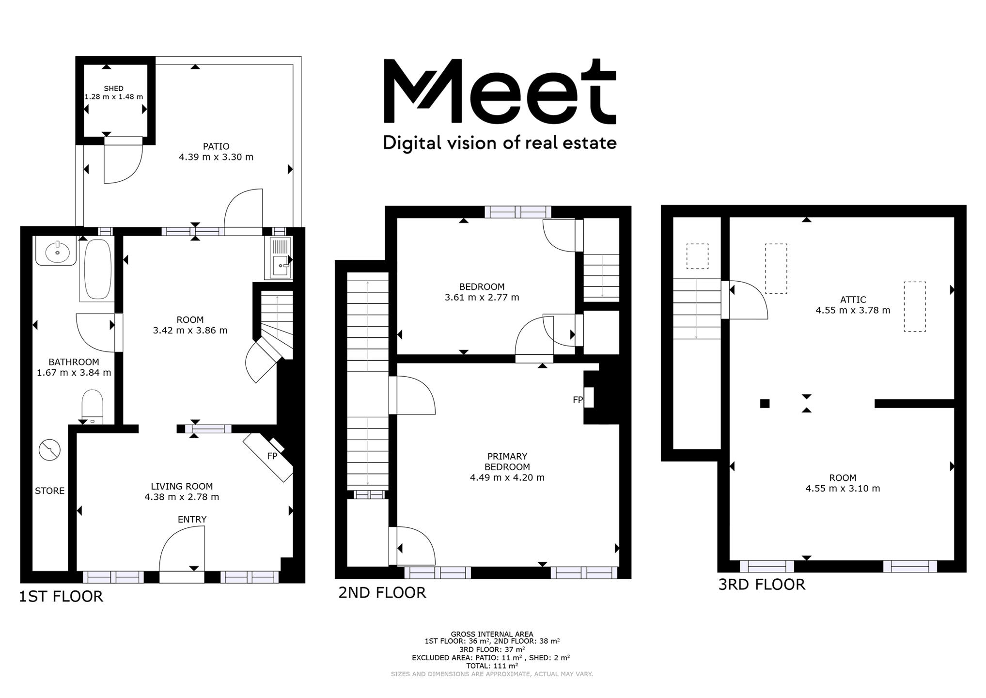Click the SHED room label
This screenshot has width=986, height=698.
click(114, 89)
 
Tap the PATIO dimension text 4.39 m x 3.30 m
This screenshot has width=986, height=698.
click(216, 157)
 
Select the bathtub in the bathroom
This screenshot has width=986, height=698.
click(98, 270)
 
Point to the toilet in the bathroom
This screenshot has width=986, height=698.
click(92, 406)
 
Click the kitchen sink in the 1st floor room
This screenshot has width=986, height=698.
click(278, 258)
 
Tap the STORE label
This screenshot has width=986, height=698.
click(49, 491)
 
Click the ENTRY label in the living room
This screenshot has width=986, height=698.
click(192, 520)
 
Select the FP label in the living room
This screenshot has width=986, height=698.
click(272, 456)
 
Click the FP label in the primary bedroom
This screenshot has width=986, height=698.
click(578, 400)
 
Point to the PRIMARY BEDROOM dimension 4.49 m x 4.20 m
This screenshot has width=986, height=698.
click(507, 477)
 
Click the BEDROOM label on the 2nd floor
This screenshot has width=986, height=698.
click(482, 287)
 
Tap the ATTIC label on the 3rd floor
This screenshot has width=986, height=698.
click(853, 300)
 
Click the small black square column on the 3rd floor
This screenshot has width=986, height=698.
click(765, 403)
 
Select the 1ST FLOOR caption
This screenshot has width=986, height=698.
click(61, 596)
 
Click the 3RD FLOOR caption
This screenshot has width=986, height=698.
click(762, 585)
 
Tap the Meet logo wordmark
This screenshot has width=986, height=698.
click(500, 91)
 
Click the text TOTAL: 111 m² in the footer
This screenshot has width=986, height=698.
click(492, 666)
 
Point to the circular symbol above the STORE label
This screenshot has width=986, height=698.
click(49, 450)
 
